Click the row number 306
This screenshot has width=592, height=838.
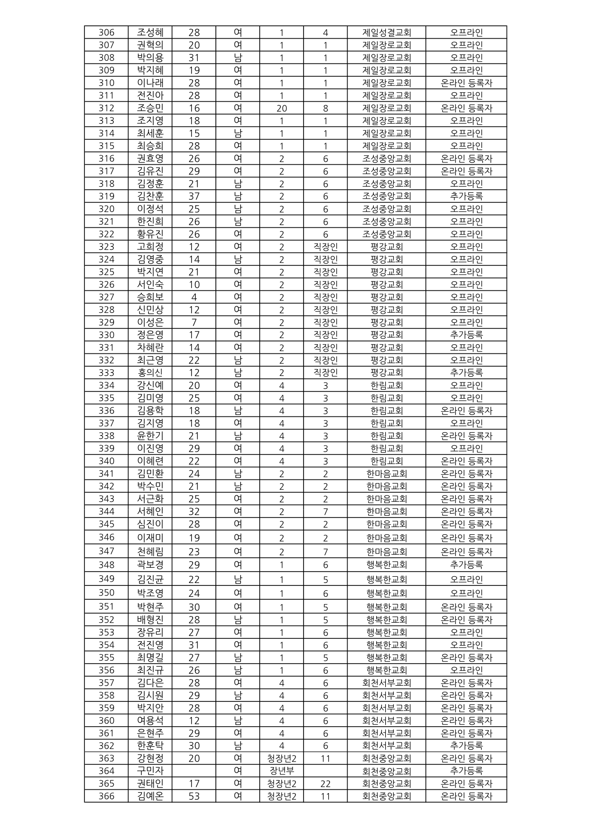(x=106, y=32)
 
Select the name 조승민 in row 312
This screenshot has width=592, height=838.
(x=150, y=108)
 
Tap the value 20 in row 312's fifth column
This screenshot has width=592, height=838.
(x=282, y=108)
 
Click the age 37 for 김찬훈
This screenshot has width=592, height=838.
(x=194, y=196)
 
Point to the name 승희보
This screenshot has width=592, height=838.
(x=150, y=297)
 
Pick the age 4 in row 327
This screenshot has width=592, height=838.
(x=194, y=297)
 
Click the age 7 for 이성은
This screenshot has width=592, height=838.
(x=194, y=322)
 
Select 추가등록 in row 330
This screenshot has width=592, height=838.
(x=466, y=335)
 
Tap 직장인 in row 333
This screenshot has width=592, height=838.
(x=325, y=373)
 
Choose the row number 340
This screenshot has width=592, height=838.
(x=106, y=461)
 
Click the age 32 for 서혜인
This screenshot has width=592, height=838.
(x=194, y=511)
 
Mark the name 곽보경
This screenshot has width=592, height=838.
(x=150, y=565)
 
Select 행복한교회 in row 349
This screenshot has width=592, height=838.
(x=386, y=579)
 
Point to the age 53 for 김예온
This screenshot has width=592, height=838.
(x=194, y=796)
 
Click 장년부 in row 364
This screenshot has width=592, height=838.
(x=282, y=771)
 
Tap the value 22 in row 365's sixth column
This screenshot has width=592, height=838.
(x=325, y=784)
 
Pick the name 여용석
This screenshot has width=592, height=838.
(x=150, y=721)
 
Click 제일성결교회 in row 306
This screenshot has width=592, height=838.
(x=386, y=32)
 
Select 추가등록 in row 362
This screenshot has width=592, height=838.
(x=466, y=746)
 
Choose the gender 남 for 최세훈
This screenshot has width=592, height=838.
(x=238, y=133)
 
